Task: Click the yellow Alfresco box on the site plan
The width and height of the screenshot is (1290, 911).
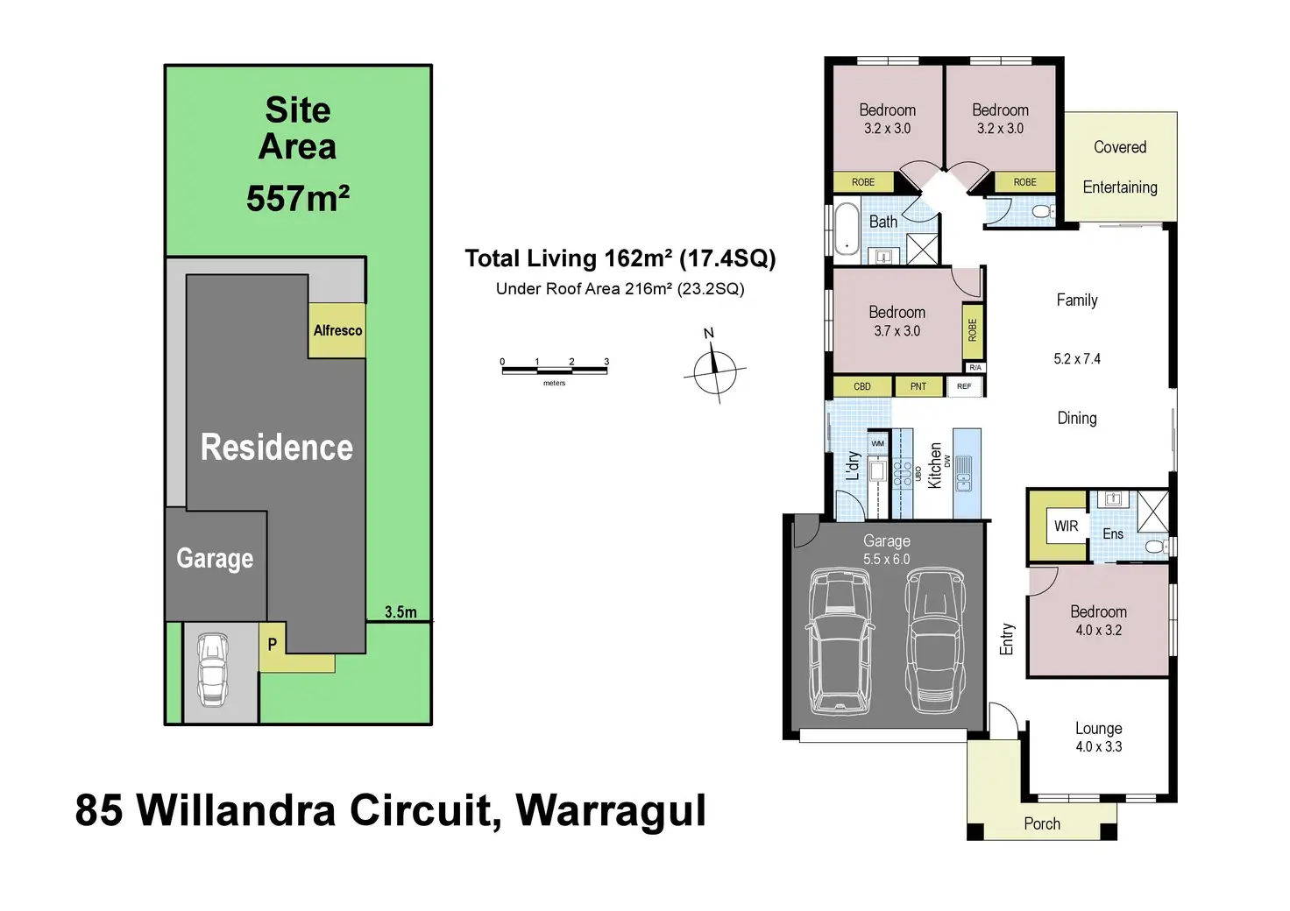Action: click(337, 330)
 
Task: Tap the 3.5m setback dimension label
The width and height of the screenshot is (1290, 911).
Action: click(400, 612)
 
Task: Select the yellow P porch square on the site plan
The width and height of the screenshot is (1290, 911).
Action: click(273, 645)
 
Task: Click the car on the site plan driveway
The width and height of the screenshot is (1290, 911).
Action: click(213, 669)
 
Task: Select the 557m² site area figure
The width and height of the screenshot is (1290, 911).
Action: click(298, 199)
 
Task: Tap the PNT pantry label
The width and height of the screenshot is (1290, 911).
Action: click(918, 386)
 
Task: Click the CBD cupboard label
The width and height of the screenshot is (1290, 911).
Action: click(862, 386)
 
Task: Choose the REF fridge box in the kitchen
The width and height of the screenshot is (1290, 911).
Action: click(964, 386)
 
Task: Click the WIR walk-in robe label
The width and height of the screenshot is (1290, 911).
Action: click(1066, 526)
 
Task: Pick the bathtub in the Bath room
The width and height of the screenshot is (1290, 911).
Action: click(847, 229)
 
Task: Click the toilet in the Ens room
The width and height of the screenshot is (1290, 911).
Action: click(1156, 547)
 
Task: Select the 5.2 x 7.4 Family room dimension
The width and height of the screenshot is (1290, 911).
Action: click(1077, 359)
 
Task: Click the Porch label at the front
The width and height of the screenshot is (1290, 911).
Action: click(1042, 823)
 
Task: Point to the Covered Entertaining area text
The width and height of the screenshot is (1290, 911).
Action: click(1120, 166)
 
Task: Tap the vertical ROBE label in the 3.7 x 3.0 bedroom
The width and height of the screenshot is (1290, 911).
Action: click(973, 329)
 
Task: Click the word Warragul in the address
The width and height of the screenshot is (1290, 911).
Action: click(611, 810)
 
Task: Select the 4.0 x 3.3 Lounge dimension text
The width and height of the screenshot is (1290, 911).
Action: click(1099, 746)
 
